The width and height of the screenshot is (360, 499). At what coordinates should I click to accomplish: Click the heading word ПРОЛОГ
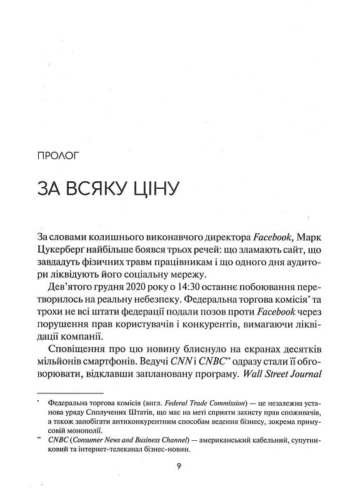(59, 153)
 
